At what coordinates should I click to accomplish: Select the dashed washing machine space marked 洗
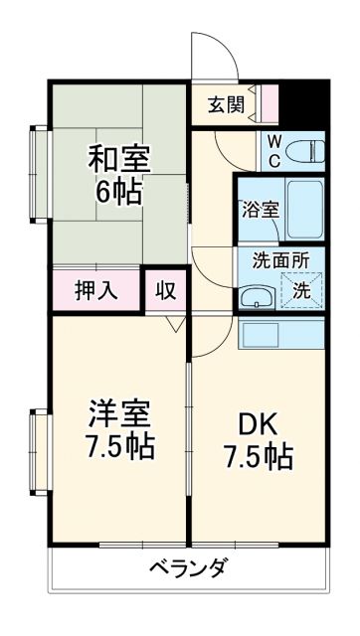tap(301, 291)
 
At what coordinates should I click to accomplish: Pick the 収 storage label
tap(166, 292)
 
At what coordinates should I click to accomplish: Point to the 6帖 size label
tap(117, 191)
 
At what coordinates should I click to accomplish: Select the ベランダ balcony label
tap(189, 569)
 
